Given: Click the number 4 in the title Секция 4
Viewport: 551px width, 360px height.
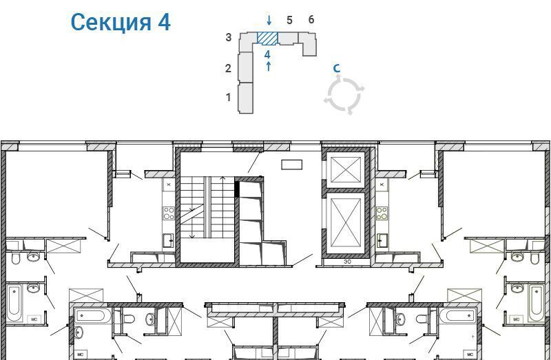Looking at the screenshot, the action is point(164,22).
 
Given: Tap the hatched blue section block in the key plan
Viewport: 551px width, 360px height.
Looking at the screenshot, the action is point(267,39).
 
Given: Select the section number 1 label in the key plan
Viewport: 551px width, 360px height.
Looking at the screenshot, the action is point(229,97).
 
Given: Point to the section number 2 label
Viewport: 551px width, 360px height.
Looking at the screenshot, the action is point(228,68).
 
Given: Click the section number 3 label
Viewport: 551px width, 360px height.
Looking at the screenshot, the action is point(229,37).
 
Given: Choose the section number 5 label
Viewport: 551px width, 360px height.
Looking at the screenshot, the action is point(289,21).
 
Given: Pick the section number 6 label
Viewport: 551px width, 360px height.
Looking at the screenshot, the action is point(311,20).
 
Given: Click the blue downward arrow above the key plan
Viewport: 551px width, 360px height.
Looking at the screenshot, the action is point(269,20).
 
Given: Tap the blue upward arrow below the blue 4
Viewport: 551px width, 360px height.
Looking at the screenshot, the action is point(269,66).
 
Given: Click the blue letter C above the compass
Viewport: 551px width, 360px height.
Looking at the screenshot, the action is point(337,67).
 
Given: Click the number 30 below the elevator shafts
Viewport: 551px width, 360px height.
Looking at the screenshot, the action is point(347,262).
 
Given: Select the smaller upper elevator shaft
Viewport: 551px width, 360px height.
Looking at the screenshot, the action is point(346,170).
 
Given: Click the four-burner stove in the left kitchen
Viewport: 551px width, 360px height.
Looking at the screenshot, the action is point(169,213).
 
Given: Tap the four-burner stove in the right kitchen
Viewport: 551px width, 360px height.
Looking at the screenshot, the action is point(382,213).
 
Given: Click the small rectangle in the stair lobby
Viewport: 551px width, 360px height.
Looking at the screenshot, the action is point(291,165).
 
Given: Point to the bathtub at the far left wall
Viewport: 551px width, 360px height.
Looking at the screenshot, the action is point(14,303).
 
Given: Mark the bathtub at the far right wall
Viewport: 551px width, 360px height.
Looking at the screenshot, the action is point(536,303).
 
